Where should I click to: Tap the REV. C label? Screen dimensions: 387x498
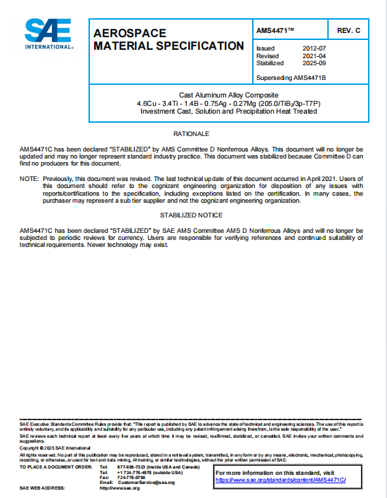348,31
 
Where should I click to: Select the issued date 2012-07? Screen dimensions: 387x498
310,48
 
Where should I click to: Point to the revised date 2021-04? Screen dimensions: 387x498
310,55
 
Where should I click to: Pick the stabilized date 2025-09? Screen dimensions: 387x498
310,62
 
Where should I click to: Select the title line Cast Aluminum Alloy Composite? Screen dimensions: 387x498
228,95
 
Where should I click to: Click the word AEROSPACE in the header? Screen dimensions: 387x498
130,33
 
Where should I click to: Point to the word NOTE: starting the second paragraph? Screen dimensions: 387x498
29,179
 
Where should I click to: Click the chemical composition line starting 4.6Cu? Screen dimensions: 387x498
228,103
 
